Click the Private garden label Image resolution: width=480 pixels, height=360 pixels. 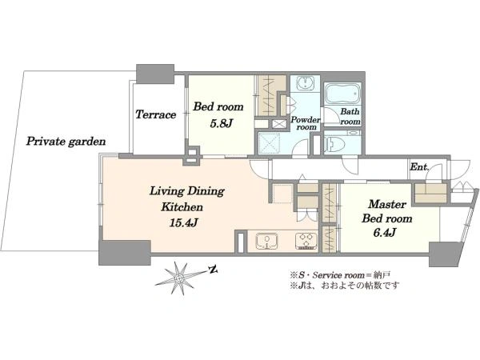click(66, 142)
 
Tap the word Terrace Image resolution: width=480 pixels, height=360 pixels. click(155, 114)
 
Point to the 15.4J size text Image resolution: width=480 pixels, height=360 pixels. click(183, 223)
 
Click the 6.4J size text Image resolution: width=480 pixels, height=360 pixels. click(385, 233)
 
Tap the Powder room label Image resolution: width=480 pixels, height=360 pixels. click(306, 123)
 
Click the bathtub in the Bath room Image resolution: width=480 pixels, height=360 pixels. click(342, 93)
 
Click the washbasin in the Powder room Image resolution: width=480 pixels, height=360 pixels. click(305, 83)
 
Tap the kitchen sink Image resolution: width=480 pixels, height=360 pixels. click(267, 242)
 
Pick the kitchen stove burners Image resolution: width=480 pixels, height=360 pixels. click(306, 240)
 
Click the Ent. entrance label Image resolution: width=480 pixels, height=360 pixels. click(419, 167)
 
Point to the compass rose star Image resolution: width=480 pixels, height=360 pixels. click(178, 278)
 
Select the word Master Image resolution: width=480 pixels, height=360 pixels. click(387, 204)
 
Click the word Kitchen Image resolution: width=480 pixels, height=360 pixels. click(182, 207)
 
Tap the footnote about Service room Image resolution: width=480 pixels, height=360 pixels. click(340, 274)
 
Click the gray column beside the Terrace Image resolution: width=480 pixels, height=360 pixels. click(155, 74)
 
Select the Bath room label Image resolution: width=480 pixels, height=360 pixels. click(350, 116)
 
